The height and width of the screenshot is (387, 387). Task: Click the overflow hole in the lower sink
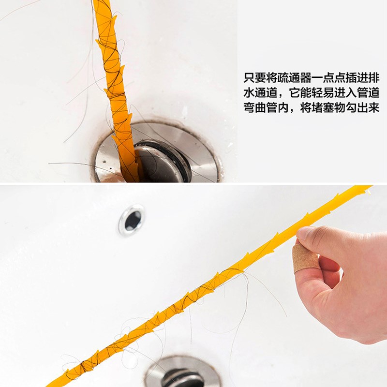132,220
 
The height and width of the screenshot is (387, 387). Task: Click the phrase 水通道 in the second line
260,93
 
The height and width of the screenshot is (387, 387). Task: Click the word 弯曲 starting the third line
254,107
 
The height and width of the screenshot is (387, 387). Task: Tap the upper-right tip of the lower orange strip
372,187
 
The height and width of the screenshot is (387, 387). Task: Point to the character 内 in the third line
283,107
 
